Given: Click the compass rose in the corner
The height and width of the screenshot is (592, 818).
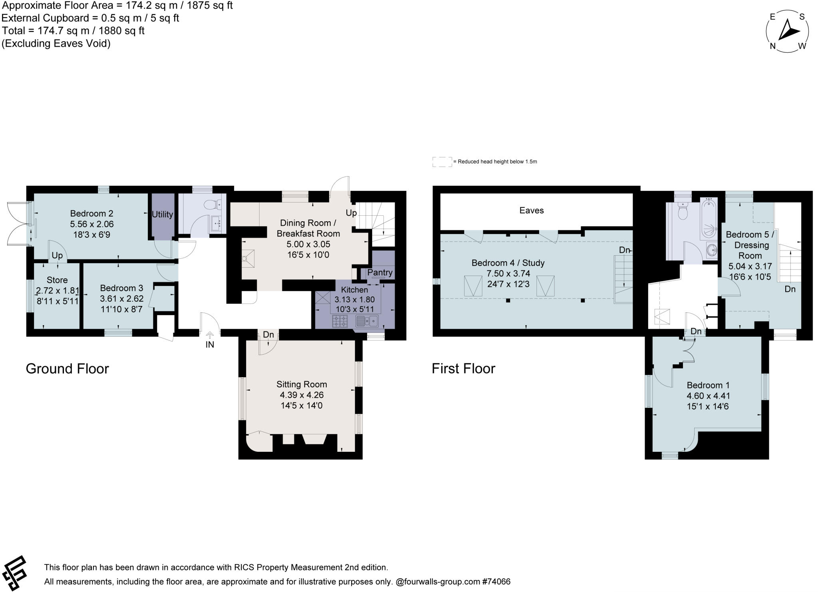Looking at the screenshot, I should (787, 32).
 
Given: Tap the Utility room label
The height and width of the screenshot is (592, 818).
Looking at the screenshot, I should (162, 215).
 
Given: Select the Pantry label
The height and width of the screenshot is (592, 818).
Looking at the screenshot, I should (380, 272).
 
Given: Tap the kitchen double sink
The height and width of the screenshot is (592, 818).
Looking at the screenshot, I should (367, 321).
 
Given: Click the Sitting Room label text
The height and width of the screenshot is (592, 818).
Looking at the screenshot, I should (302, 384).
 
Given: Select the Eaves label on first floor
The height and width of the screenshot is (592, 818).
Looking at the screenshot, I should (531, 211).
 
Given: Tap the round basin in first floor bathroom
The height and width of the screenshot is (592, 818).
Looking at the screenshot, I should (711, 250).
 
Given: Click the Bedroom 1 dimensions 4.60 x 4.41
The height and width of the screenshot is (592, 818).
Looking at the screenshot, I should (708, 396).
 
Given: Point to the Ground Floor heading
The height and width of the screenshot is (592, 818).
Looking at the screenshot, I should (67, 368).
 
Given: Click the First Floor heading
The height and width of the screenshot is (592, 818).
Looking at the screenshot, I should (463, 368).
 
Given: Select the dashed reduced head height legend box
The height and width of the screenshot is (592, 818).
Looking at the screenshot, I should (442, 162).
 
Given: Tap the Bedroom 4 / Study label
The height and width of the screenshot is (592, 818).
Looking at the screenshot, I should (508, 263).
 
